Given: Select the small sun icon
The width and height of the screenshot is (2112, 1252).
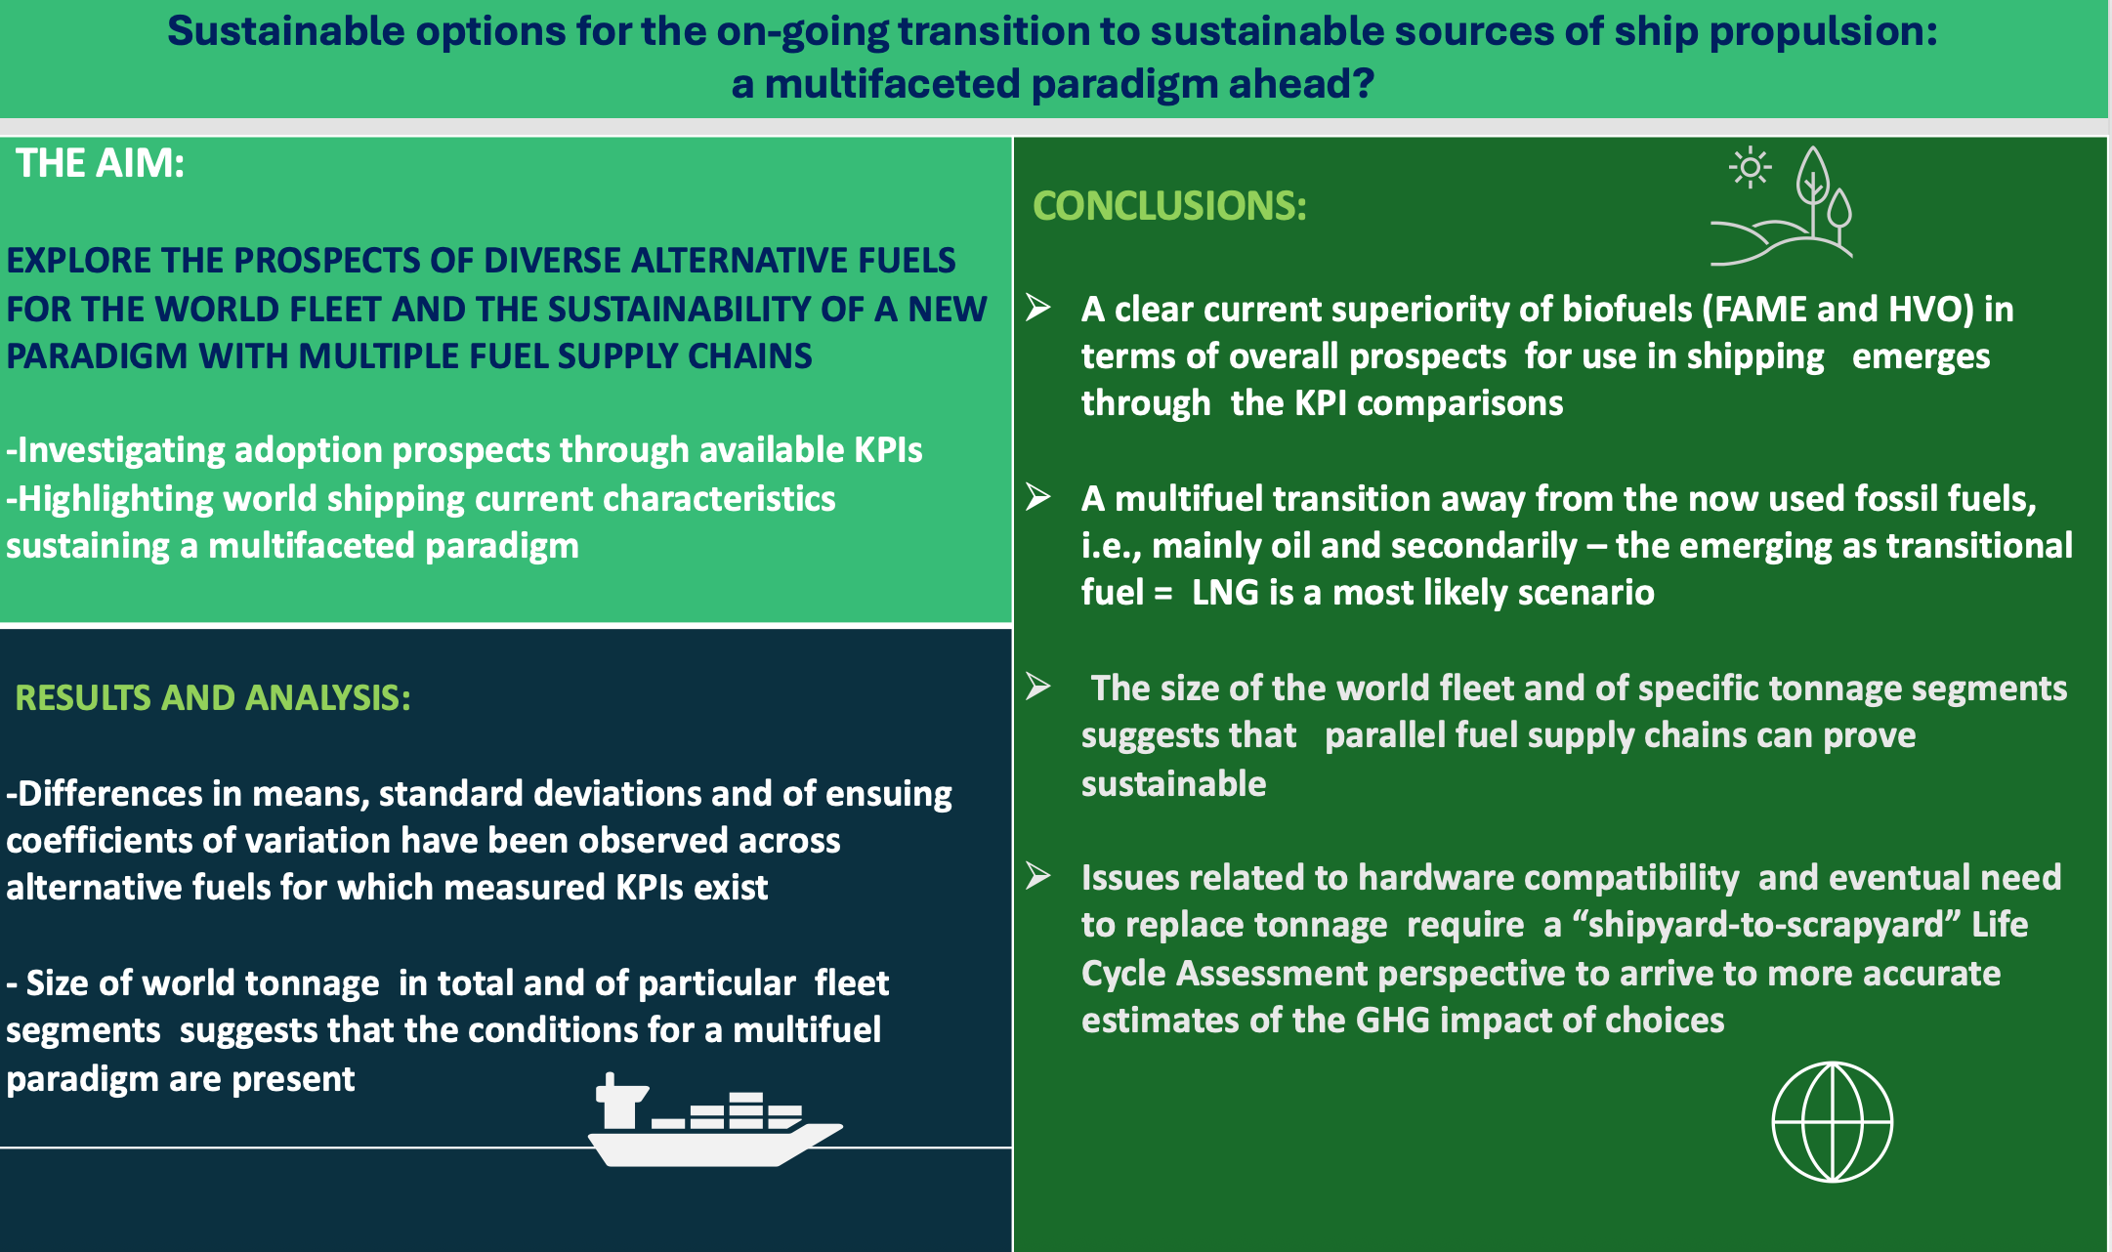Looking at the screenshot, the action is [1750, 168].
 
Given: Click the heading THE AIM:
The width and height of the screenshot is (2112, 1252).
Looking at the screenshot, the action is [100, 163].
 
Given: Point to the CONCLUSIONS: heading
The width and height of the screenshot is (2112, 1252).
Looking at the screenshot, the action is [1169, 205].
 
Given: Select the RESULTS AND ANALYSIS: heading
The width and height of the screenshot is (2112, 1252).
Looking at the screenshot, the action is [213, 697].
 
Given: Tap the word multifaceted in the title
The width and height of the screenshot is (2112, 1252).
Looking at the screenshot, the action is [892, 83].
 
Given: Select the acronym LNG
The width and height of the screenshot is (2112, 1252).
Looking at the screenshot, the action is [1225, 592].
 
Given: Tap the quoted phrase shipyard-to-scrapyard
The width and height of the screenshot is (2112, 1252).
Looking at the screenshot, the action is [1767, 924].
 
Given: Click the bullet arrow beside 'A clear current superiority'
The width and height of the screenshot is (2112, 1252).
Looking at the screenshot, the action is [1038, 308].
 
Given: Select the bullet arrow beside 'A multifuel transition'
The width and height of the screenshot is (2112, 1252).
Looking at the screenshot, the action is [1038, 497].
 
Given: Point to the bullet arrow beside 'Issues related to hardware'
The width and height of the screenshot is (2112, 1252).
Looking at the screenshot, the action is [1038, 876].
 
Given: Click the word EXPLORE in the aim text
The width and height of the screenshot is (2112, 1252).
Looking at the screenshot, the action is [78, 261].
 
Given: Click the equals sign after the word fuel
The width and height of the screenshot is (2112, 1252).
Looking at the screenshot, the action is [1162, 593].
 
